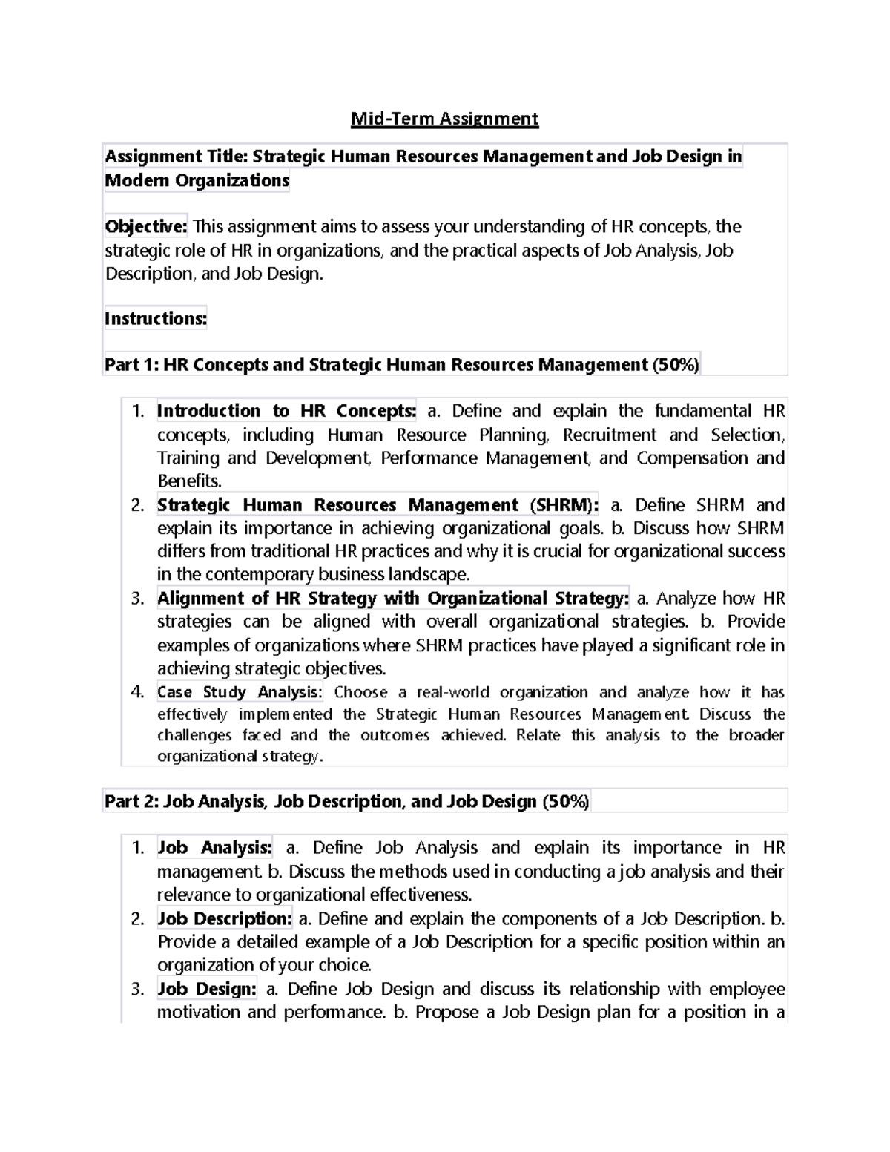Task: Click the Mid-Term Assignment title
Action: (444, 119)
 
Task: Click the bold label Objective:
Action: (146, 226)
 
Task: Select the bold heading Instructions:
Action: (156, 319)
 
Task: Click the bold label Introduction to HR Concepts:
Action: (286, 411)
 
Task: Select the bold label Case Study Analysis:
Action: (240, 692)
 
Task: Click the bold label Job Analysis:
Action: (214, 848)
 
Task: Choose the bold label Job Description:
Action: (225, 918)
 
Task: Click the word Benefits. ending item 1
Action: (189, 481)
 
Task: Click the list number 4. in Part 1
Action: (137, 692)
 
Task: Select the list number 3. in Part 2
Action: (137, 989)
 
